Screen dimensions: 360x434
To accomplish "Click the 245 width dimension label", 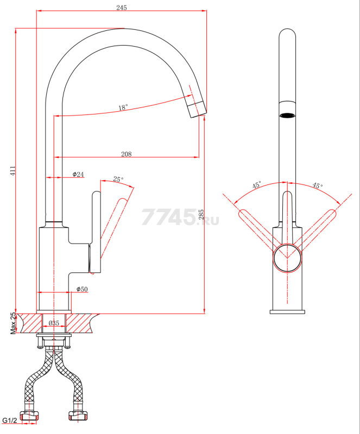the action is [x=122, y=8].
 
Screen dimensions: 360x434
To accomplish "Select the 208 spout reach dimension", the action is [x=127, y=154].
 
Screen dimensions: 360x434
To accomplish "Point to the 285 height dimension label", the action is [x=201, y=215].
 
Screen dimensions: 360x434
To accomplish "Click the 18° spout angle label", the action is [x=123, y=107].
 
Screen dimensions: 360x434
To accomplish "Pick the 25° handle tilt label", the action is [x=118, y=180].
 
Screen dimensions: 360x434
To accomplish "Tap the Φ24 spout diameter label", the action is [x=78, y=174].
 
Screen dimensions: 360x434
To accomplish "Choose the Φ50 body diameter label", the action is [x=82, y=289].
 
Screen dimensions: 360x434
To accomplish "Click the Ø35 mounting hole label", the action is [x=54, y=323].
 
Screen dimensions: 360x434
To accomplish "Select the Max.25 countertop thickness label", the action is [x=12, y=323].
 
